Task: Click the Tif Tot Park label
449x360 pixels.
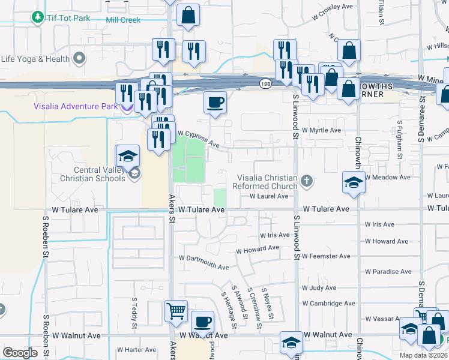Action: click(69, 18)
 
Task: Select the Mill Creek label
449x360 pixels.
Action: click(123, 20)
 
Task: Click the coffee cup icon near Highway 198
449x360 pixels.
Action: click(215, 102)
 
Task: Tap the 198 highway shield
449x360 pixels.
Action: click(265, 83)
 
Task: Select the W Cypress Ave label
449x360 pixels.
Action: click(198, 138)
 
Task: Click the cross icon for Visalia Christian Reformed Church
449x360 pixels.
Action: click(307, 181)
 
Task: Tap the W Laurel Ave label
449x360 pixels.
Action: click(269, 196)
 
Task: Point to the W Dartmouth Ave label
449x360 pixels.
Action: click(204, 262)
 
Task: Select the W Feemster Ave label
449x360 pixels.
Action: click(326, 256)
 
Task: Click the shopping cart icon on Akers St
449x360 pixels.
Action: click(176, 311)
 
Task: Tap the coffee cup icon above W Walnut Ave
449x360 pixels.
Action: click(202, 322)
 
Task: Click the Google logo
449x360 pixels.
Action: click(20, 353)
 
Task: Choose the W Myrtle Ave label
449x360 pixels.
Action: click(321, 130)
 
